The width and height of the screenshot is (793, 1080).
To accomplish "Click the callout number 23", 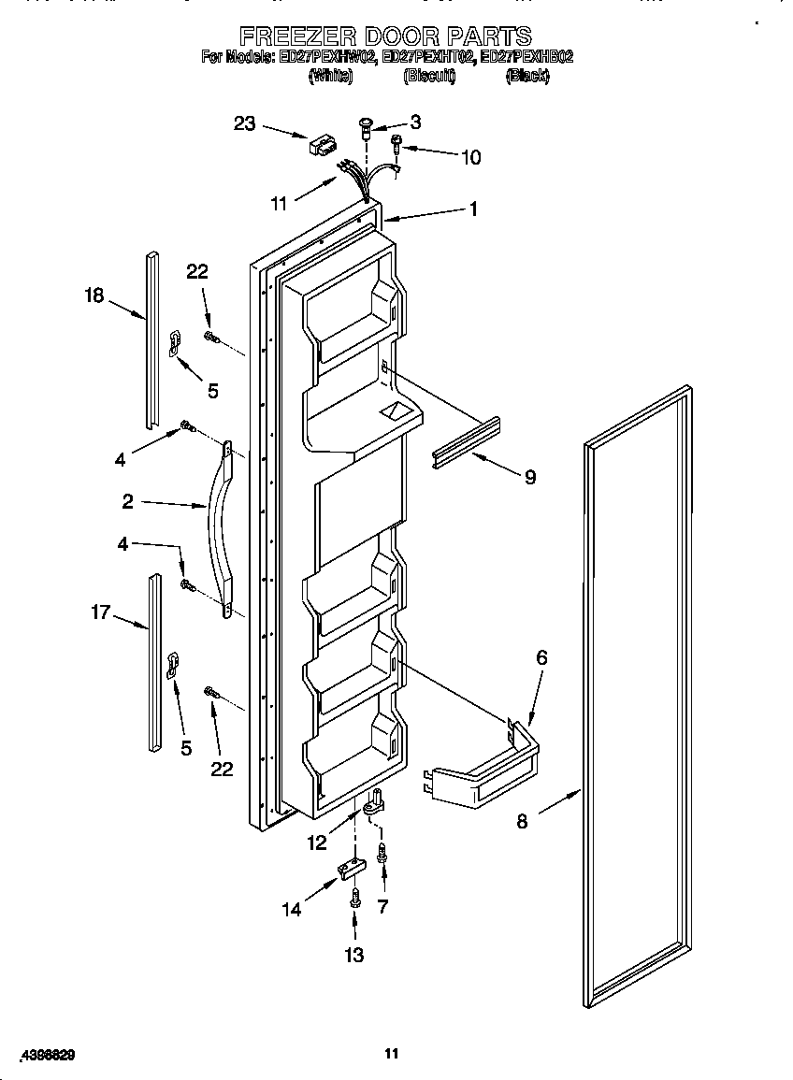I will pos(244,123).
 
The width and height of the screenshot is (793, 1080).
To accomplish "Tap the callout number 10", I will pos(470,157).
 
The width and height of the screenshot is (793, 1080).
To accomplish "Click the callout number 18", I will pos(95,296).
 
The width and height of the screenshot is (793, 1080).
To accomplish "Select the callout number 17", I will pos(100,612).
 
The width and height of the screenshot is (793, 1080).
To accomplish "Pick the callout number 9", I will pos(529,477).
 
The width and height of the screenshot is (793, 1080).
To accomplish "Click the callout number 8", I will pos(522,822).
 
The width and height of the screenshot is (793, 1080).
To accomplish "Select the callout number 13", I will pos(354,955).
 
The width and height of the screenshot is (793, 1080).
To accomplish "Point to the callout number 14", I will pos(292,909).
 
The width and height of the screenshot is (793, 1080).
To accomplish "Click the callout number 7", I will pos(382,905).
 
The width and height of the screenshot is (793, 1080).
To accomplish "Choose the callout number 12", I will pos(319,842).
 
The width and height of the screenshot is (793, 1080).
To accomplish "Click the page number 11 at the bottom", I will pos(392,1054).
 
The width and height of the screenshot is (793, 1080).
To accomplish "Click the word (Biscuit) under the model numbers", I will pos(429,77).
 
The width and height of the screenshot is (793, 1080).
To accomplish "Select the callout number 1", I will pos(473,209).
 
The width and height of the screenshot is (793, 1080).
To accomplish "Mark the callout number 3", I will pos(414,122).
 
